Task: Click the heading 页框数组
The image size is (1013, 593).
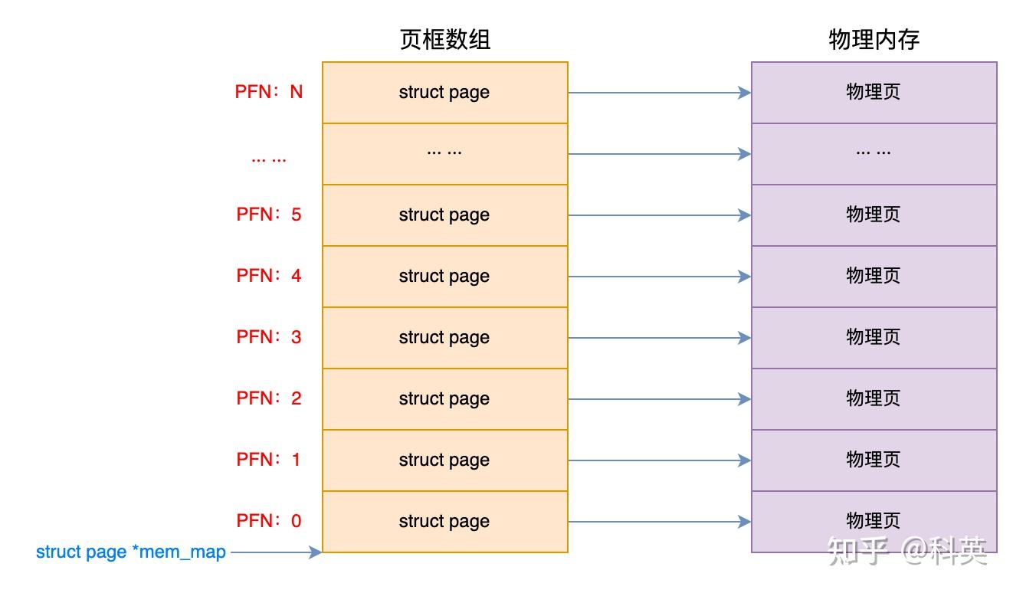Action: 444,40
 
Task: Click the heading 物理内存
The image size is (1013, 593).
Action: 874,40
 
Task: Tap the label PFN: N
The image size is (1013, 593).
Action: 269,92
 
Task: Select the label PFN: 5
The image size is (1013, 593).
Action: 269,215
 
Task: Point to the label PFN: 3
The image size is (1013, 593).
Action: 269,337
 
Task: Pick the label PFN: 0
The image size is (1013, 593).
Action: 269,521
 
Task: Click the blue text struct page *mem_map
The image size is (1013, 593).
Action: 131,552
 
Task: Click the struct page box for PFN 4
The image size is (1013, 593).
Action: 444,277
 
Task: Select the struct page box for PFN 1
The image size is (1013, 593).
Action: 444,460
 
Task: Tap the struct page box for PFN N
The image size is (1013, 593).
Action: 444,93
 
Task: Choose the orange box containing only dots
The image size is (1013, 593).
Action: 444,154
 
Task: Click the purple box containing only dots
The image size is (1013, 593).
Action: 874,154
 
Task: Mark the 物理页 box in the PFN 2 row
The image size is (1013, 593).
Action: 874,399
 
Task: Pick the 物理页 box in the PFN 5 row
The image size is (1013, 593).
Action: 874,215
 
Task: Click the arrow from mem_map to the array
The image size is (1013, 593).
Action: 276,552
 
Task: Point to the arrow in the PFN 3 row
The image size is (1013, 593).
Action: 659,338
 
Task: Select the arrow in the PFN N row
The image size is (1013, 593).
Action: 659,93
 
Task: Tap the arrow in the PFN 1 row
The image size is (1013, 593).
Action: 659,460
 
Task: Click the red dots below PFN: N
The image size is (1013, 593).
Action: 269,159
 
